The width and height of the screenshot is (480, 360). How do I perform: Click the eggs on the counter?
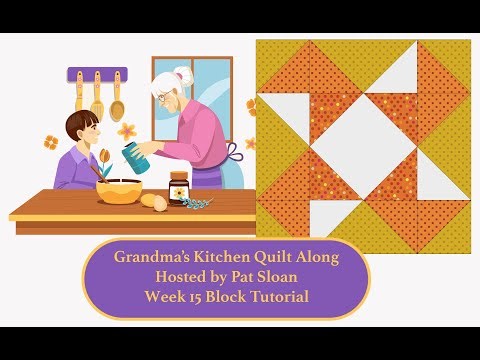tap(154, 201)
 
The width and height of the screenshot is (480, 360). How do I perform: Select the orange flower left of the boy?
tap(51, 142)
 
